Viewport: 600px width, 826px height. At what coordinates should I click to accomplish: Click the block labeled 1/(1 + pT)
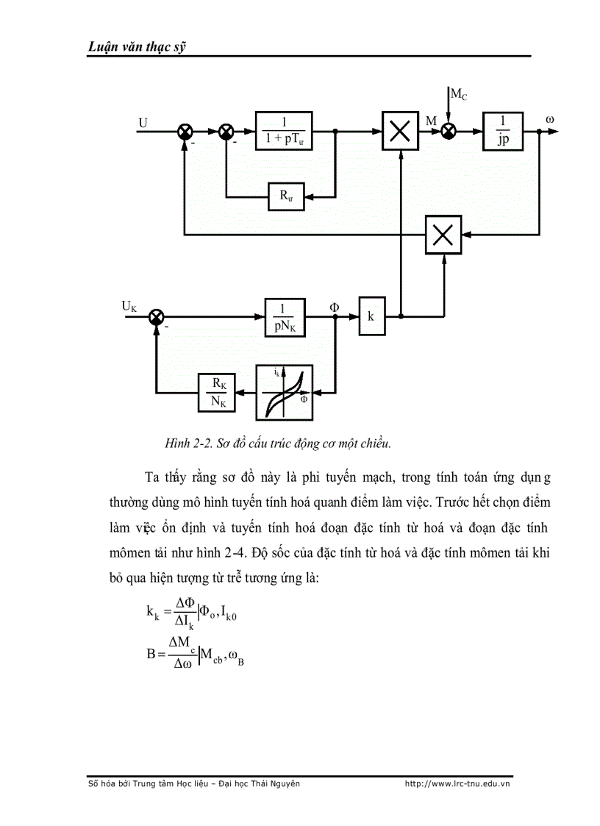click(284, 132)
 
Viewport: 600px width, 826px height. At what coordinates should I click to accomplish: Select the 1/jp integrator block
click(502, 132)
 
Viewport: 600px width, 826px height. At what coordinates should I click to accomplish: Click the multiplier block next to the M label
click(400, 132)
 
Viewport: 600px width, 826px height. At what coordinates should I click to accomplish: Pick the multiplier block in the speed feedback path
click(443, 235)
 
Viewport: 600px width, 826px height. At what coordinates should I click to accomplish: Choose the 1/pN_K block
click(284, 316)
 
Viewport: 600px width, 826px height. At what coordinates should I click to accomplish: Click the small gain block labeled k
click(371, 316)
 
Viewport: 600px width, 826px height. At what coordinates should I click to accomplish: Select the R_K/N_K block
click(218, 391)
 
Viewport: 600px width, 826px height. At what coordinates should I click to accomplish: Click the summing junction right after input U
click(185, 132)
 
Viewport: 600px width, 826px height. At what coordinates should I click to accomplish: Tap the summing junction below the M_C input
click(448, 132)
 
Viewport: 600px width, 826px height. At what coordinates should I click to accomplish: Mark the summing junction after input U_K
click(156, 316)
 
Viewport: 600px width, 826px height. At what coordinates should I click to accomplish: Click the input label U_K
click(129, 305)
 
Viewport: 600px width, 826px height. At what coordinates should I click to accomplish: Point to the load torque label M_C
click(459, 94)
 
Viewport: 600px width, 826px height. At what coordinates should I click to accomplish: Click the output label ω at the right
click(550, 118)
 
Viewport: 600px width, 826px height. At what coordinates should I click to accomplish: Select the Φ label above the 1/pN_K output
click(335, 302)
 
